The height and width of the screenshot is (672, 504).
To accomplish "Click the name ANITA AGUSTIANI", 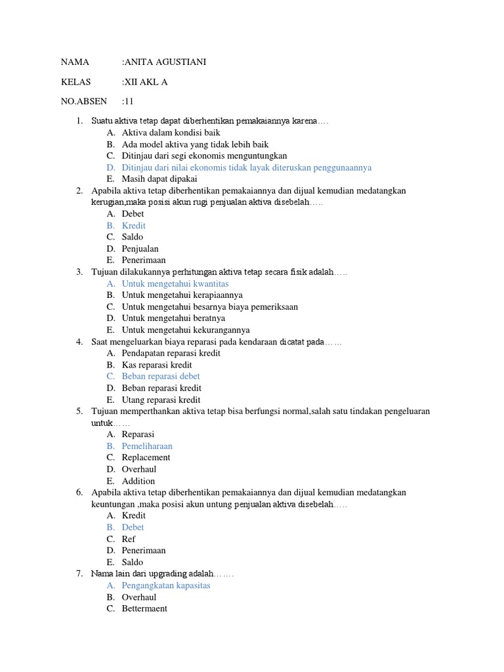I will tap(169, 62).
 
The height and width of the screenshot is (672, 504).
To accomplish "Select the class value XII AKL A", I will tap(150, 82).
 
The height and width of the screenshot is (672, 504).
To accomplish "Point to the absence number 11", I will tap(129, 102).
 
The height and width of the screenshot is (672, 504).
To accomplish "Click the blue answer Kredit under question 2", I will tap(134, 226).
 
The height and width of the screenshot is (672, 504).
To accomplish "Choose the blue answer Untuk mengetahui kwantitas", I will tap(175, 283).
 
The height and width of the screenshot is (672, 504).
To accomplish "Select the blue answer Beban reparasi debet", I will tap(161, 377).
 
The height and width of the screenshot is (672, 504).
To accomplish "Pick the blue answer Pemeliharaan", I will tap(147, 446).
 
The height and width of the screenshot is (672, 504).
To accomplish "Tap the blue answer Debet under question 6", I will tap(133, 528).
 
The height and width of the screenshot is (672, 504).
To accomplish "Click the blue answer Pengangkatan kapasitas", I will tap(166, 585).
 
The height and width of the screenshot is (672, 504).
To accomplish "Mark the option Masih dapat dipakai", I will tap(159, 178).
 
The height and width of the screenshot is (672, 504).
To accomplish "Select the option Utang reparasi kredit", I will tap(161, 400).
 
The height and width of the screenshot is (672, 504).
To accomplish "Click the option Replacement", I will tap(146, 457).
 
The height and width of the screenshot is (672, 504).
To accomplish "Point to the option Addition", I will tap(138, 481).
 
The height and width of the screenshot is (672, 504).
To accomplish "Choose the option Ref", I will tap(129, 539).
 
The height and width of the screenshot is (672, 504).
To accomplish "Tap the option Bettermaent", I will tap(144, 608).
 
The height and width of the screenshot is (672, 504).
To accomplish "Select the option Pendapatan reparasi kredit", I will tap(171, 353).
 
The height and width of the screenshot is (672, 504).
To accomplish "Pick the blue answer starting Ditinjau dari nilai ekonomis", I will tap(247, 167).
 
